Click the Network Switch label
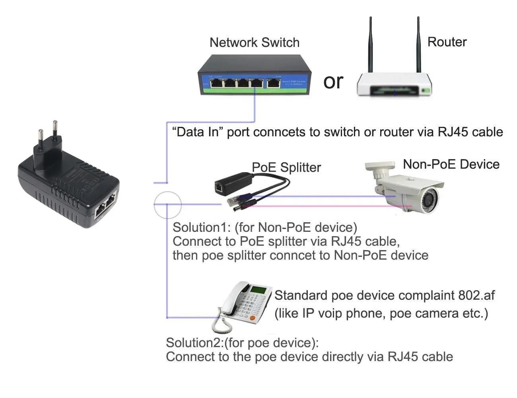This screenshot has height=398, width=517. [x=255, y=43]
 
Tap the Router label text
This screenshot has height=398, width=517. [x=447, y=42]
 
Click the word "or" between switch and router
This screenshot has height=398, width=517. [x=333, y=82]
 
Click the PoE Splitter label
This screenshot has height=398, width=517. [x=286, y=167]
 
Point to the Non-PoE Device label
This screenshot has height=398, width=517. [x=451, y=164]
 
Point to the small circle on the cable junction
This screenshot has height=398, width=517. [x=167, y=205]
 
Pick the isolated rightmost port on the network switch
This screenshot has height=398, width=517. [x=273, y=83]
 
